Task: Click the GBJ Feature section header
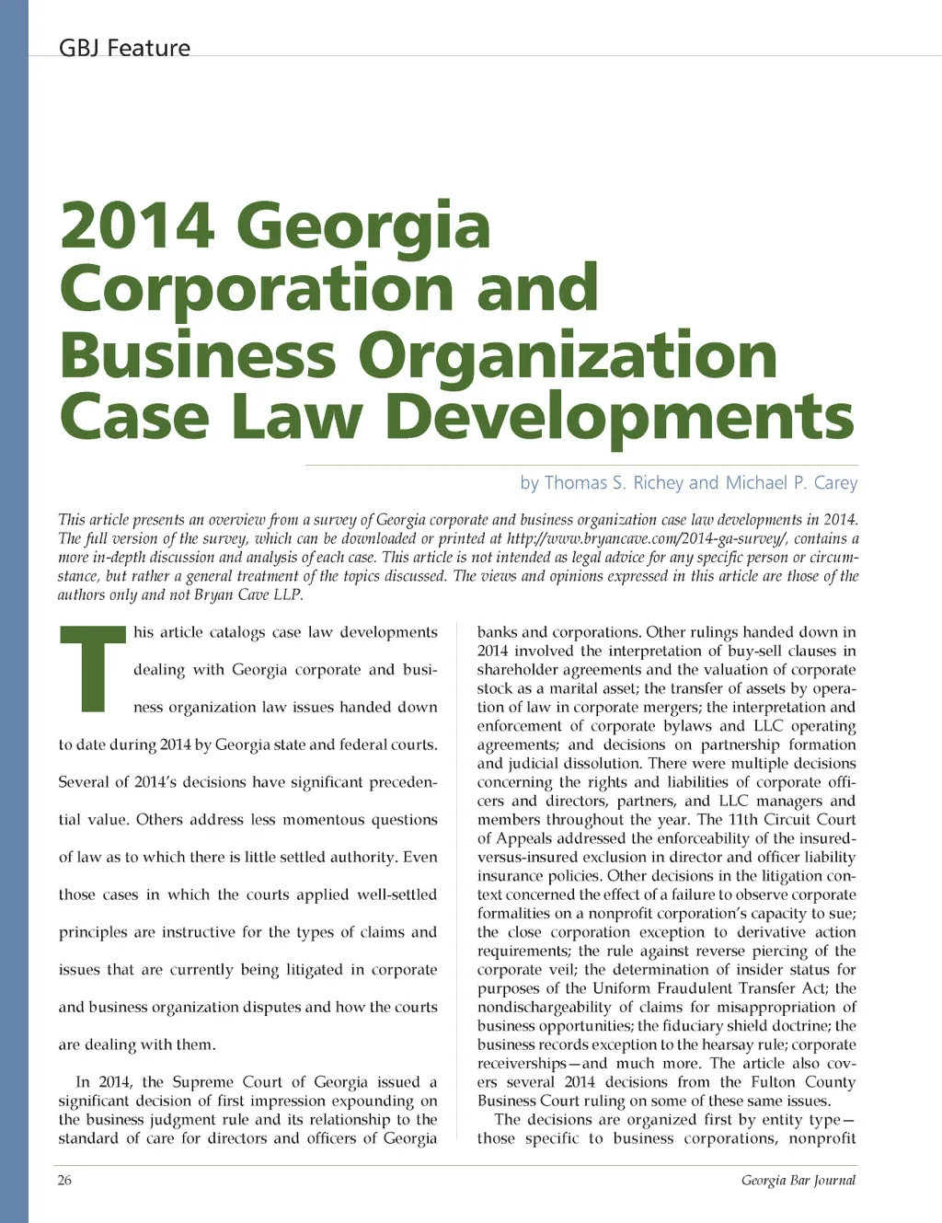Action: [x=124, y=48]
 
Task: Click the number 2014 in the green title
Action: [x=137, y=225]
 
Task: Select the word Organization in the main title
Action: [x=568, y=355]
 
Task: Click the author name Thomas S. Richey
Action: [x=614, y=483]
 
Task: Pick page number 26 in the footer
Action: [x=64, y=1181]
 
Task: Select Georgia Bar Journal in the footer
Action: [x=798, y=1181]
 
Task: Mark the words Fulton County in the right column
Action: [x=801, y=1082]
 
